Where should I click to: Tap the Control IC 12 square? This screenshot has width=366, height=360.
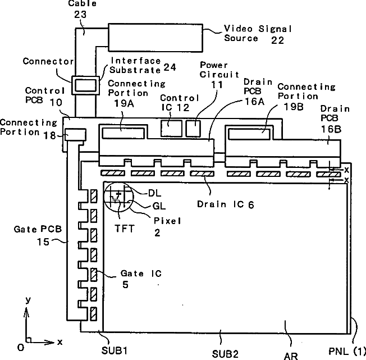pos(171,128)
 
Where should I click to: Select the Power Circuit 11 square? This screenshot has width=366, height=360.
pos(193,128)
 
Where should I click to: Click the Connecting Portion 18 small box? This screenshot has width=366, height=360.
pos(75,134)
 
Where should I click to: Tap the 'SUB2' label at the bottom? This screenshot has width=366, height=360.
pos(225,353)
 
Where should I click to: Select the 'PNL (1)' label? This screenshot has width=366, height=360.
pos(346,352)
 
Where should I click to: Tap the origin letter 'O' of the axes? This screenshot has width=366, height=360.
pos(20,348)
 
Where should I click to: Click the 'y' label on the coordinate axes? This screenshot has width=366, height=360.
pos(27,301)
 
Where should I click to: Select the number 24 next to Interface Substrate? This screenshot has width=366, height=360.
pos(170,68)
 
